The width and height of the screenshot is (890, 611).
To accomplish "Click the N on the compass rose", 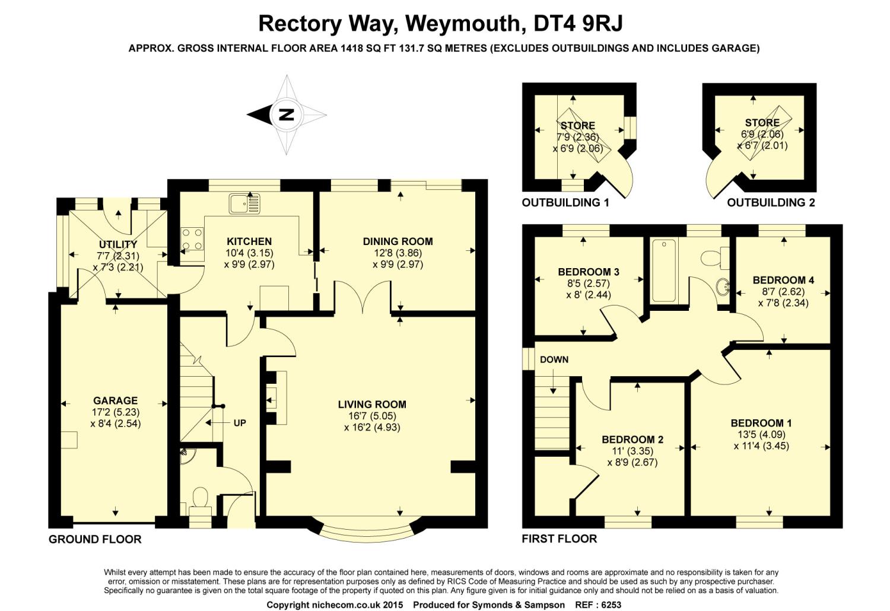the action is [287, 115].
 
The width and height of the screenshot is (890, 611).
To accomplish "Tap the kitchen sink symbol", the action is [244, 203].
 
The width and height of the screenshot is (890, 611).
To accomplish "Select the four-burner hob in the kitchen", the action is [192, 240].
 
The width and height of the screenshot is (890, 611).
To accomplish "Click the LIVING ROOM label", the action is [372, 405].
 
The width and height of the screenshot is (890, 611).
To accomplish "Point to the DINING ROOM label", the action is [398, 241].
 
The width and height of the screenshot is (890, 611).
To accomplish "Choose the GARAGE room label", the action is [115, 400].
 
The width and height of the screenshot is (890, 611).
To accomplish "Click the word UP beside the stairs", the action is [240, 423].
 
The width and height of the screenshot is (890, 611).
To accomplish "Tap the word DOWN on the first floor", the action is [554, 359].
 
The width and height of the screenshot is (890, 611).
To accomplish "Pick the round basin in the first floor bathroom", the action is [723, 286].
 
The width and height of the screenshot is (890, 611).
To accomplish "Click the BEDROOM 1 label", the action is [761, 423].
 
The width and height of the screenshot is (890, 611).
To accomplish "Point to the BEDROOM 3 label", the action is [589, 272].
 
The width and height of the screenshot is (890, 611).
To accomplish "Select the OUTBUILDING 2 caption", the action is [771, 203].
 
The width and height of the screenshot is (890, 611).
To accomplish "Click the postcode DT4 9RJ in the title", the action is [578, 23].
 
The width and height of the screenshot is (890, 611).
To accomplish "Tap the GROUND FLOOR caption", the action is [95, 539].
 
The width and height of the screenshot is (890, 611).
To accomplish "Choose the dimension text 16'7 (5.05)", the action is [372, 416].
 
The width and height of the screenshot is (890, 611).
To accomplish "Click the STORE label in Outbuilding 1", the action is [578, 126].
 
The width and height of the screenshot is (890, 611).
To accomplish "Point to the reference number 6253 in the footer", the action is [611, 604].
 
